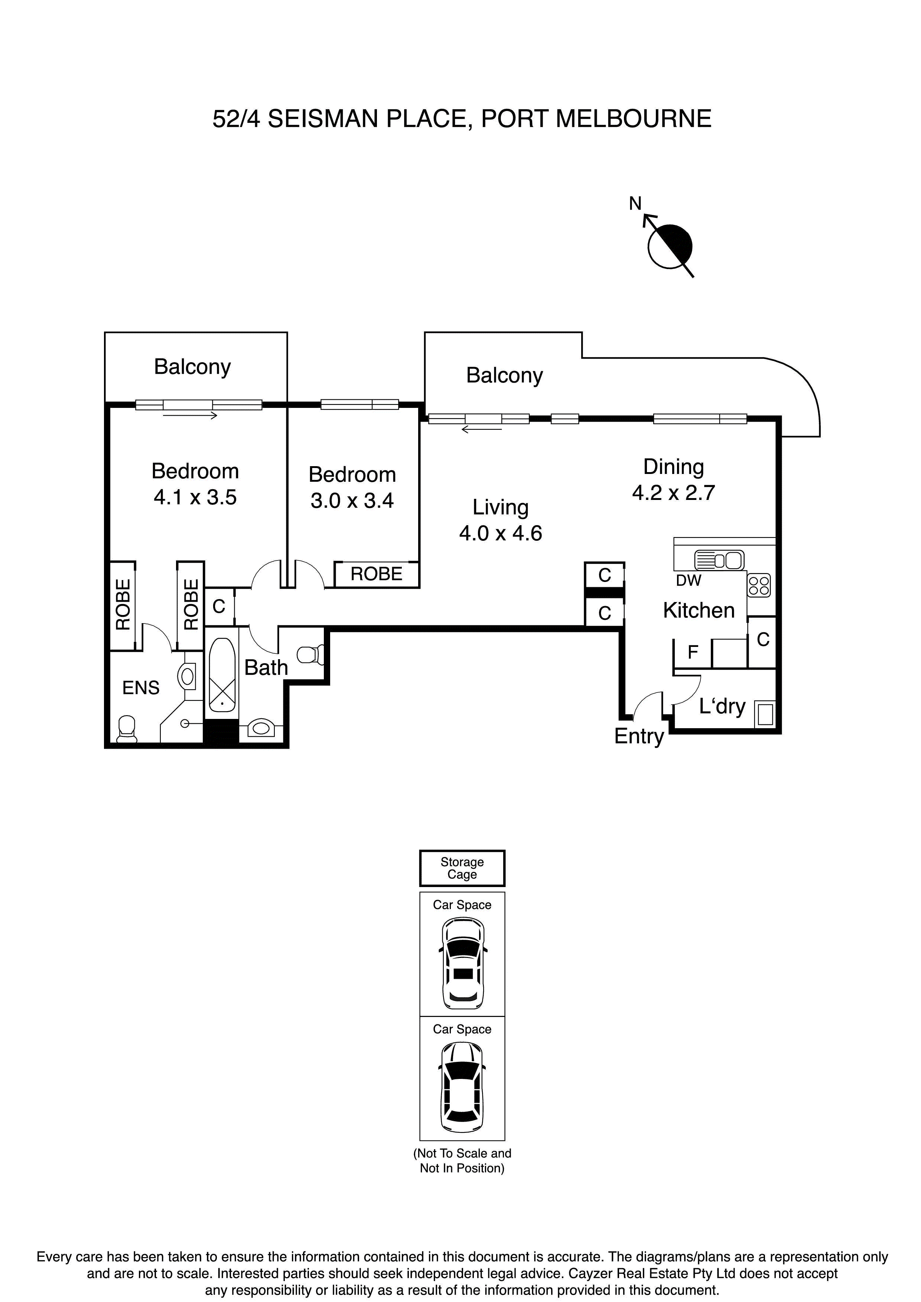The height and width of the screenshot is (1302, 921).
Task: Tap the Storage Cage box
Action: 462,868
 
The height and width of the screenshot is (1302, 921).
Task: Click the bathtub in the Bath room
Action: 222,675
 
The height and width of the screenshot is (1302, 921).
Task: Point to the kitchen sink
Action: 718,560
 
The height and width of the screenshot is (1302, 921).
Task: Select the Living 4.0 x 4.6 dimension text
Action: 501,533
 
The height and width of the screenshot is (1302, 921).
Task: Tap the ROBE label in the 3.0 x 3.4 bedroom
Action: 376,574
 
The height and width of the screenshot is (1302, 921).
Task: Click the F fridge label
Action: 692,652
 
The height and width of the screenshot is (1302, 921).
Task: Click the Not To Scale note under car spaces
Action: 462,1160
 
